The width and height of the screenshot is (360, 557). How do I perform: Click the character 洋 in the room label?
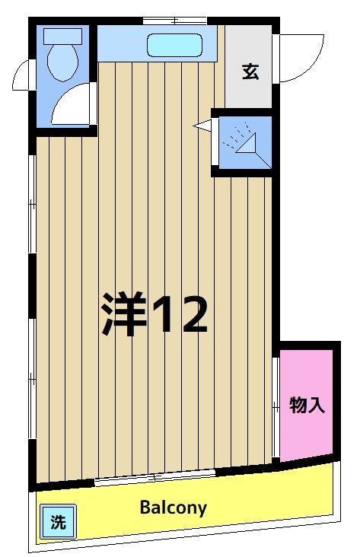(123, 315)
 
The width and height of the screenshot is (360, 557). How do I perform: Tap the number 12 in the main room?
(180, 315)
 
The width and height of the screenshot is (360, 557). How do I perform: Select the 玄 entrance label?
(250, 72)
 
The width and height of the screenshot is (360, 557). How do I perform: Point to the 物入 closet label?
(307, 406)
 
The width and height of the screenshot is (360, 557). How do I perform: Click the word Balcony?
(173, 508)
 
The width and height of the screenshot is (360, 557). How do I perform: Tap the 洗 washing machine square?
(58, 523)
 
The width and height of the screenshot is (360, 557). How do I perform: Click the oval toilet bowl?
(60, 61)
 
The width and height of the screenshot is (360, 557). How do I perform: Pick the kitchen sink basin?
(174, 46)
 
